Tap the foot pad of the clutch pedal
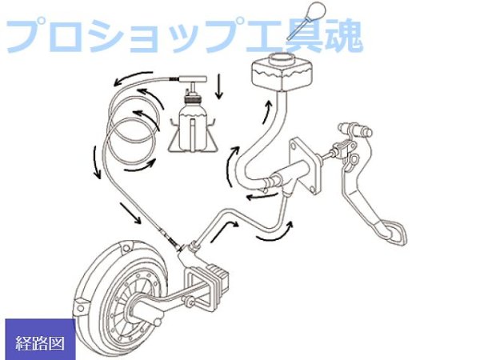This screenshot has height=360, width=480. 398,230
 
